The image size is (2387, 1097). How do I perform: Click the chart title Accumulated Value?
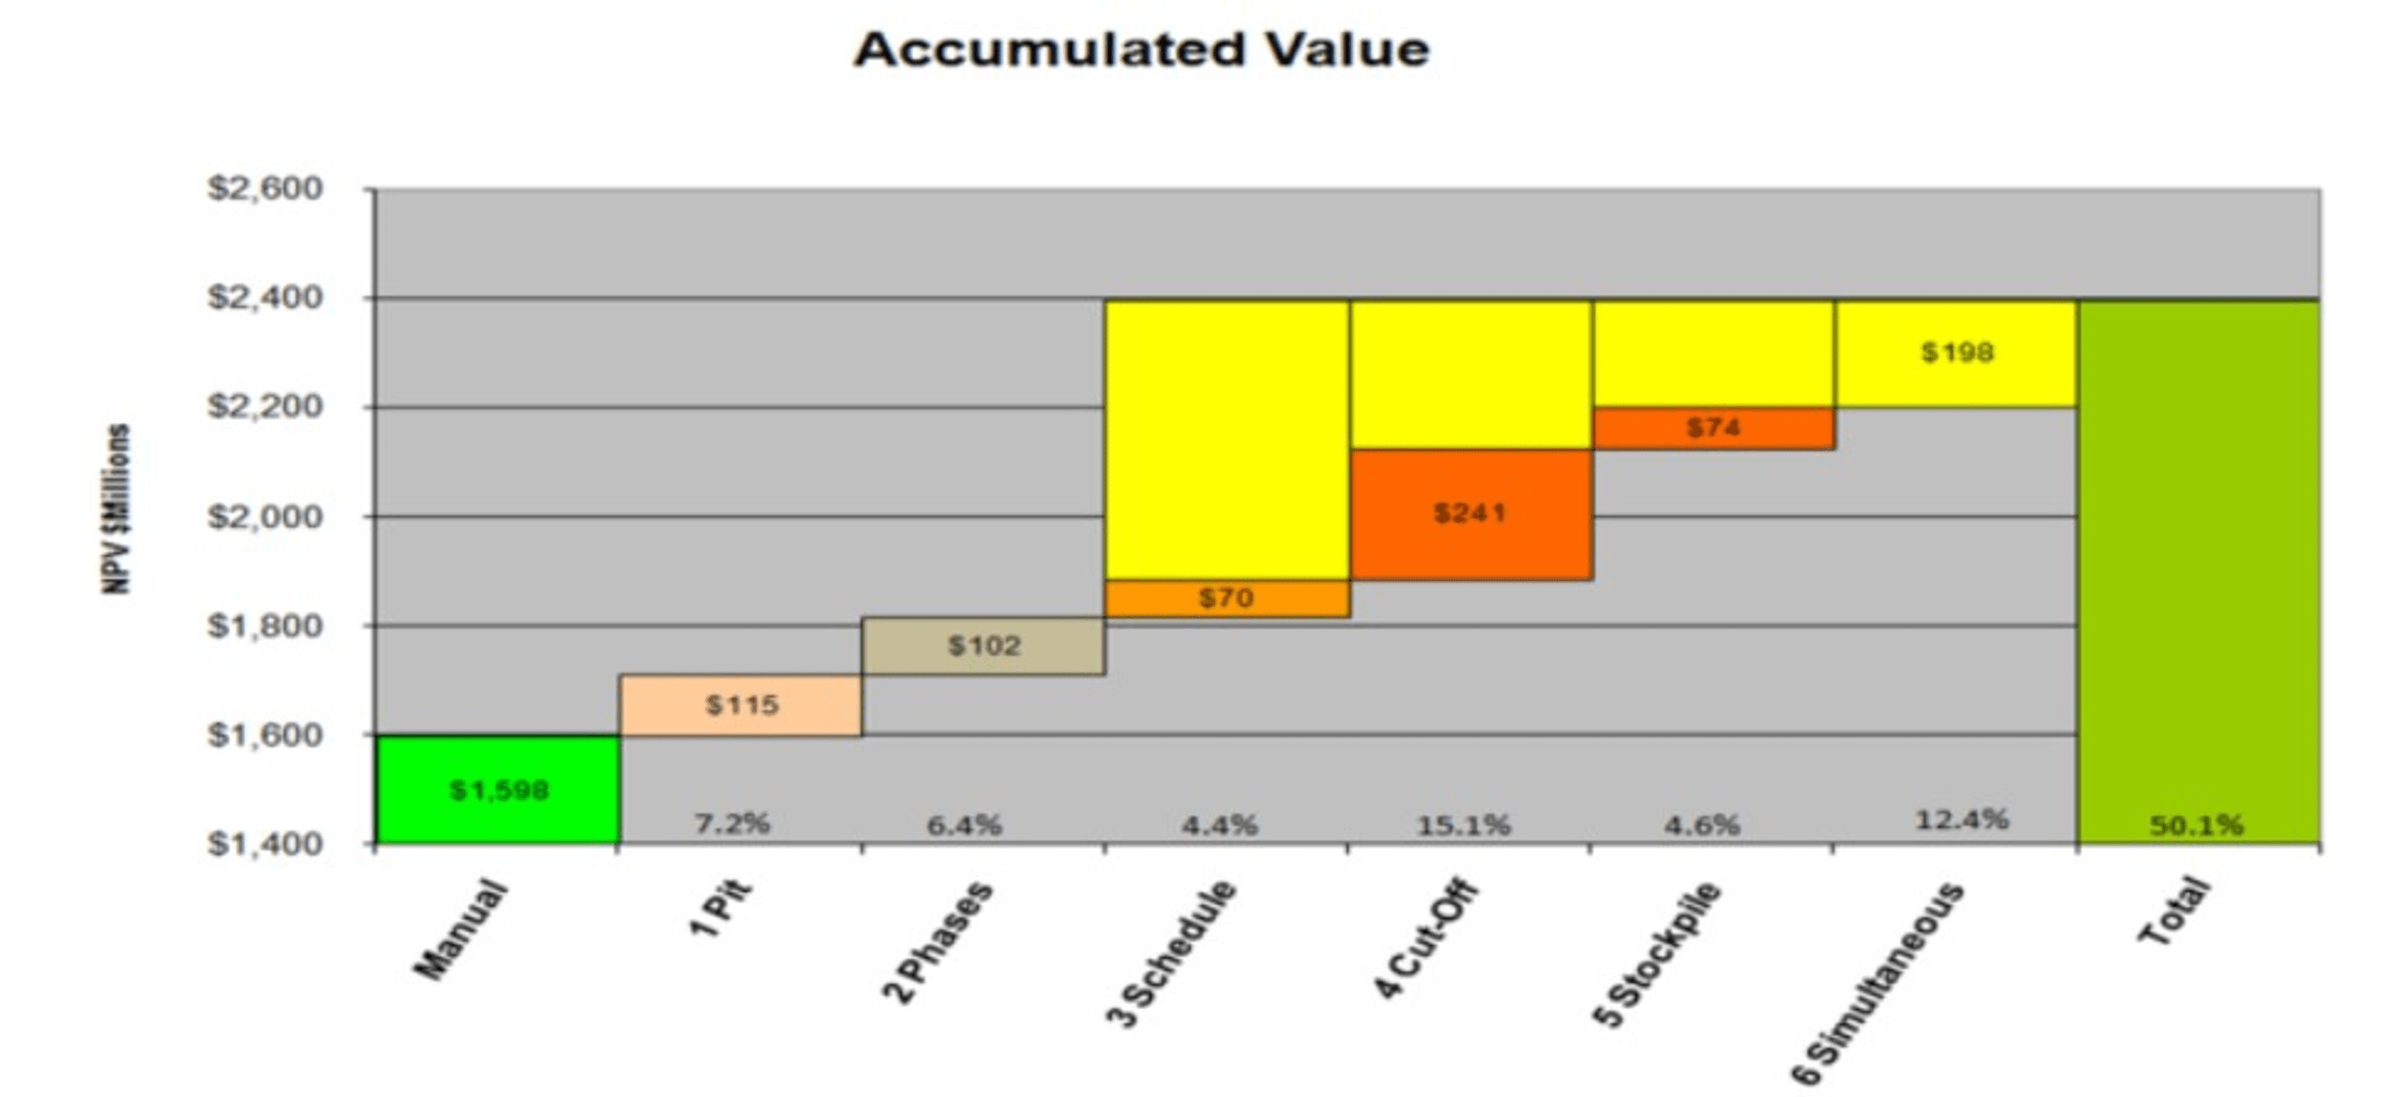(x=1141, y=50)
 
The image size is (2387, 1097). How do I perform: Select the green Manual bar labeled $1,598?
(x=498, y=789)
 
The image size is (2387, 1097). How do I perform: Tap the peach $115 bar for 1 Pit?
(x=741, y=705)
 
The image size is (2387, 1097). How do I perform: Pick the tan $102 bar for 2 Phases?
(x=983, y=645)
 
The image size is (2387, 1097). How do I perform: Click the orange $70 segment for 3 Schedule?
(x=1227, y=599)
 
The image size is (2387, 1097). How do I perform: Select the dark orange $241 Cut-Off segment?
(x=1470, y=513)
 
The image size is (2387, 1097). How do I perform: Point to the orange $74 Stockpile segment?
(x=1713, y=428)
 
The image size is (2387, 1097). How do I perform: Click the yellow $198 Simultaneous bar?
(x=1956, y=353)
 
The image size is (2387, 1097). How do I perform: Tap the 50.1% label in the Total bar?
(x=2197, y=825)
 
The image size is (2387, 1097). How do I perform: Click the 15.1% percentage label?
(x=1463, y=824)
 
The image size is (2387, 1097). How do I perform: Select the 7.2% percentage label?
(x=732, y=823)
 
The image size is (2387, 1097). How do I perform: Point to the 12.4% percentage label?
(x=1962, y=820)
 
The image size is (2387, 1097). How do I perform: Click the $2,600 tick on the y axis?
(x=265, y=189)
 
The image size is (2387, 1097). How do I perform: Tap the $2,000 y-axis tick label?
(x=265, y=516)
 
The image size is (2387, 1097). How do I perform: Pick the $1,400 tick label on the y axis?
(x=265, y=844)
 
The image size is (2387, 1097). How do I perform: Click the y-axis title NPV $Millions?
(x=118, y=509)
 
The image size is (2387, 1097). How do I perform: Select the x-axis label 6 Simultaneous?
(x=1877, y=983)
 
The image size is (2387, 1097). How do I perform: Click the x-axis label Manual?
(x=460, y=930)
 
